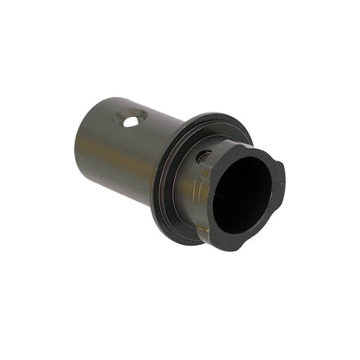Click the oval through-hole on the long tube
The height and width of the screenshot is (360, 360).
[x=132, y=121]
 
